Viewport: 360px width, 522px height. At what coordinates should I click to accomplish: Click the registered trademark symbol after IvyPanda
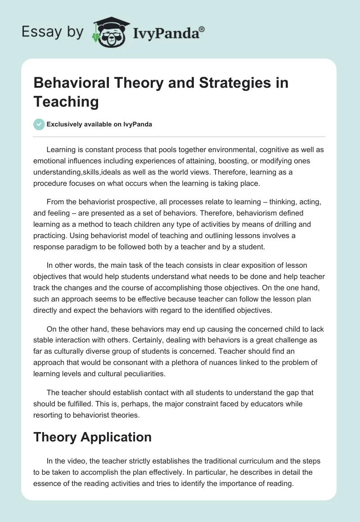pyautogui.click(x=202, y=29)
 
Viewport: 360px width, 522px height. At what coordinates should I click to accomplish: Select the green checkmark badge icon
pyautogui.click(x=39, y=124)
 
